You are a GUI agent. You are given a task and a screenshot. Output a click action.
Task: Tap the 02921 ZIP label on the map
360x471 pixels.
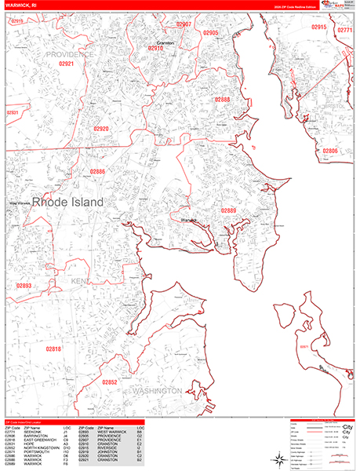(x=66, y=64)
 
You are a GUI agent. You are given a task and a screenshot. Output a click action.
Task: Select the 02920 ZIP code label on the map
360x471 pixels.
(x=101, y=128)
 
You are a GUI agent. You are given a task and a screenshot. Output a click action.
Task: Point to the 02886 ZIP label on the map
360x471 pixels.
(x=97, y=171)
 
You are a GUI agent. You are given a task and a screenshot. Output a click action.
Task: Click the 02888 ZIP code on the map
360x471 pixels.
(x=222, y=100)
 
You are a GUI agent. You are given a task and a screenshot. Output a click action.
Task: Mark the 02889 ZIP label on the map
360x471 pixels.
(x=228, y=210)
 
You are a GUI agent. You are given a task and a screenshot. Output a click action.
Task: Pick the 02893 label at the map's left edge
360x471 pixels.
(x=24, y=287)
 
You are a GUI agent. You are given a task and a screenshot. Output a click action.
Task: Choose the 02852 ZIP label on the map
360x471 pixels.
(x=110, y=382)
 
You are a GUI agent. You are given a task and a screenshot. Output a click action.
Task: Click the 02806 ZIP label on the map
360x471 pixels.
(x=330, y=151)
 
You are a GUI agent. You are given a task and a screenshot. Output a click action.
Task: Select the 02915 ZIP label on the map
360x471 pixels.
(x=318, y=27)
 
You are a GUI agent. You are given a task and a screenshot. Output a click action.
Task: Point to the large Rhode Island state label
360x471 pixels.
(x=67, y=202)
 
